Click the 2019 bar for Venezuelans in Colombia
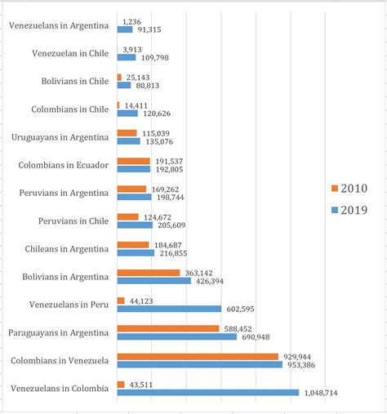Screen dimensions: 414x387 click(x=207, y=393)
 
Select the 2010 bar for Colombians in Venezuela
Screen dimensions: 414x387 click(x=198, y=356)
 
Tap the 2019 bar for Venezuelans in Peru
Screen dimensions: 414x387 click(x=169, y=309)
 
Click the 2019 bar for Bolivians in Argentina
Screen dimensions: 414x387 click(x=153, y=281)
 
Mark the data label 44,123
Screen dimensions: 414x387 click(x=145, y=300)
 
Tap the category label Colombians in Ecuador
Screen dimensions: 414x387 click(x=63, y=165)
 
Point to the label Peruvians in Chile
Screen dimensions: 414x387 click(x=73, y=220)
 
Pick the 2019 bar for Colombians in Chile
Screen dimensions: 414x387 click(x=127, y=114)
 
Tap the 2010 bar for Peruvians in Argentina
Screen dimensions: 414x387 click(x=131, y=189)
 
